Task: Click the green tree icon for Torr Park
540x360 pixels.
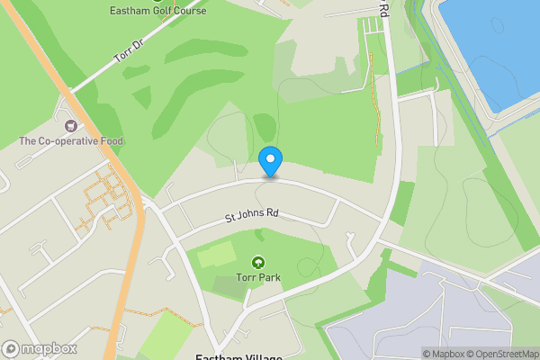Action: click(x=258, y=263)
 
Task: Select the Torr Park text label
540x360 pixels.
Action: click(x=258, y=279)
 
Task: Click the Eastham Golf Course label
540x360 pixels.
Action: click(x=157, y=11)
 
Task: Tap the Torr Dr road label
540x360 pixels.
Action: click(x=129, y=51)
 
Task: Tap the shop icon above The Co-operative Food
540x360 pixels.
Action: click(x=71, y=125)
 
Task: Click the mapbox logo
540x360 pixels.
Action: click(x=40, y=348)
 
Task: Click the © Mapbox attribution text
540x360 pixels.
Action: click(x=443, y=354)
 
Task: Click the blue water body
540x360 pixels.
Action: click(x=495, y=45)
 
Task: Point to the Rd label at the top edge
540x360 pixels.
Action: click(x=383, y=11)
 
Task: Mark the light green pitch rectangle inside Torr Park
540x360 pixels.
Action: click(x=215, y=255)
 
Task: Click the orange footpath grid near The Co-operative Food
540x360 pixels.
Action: click(x=103, y=198)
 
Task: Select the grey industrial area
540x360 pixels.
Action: click(x=423, y=315)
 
